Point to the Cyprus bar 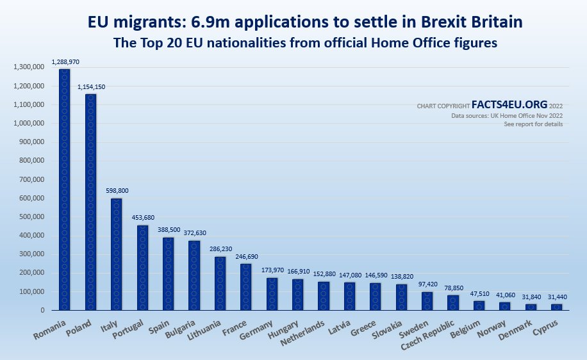tap(556, 307)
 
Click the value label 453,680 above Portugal tap(143, 217)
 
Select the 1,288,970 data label tap(65, 62)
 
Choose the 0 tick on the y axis tap(42, 310)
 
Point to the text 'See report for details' tap(533, 124)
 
